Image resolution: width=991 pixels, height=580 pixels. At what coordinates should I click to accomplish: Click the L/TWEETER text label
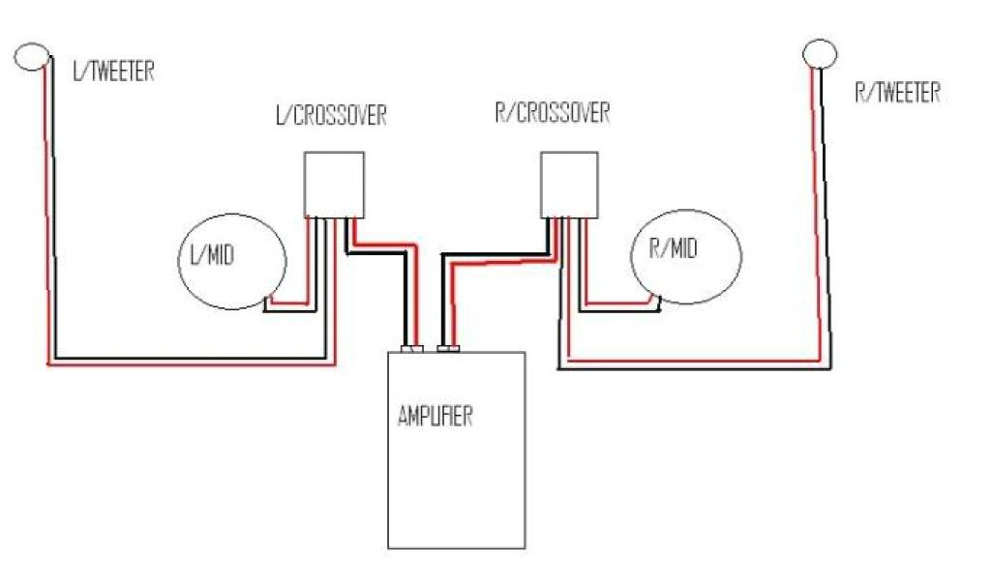(113, 72)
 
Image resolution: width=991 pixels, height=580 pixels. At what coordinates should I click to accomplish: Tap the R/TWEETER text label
(897, 93)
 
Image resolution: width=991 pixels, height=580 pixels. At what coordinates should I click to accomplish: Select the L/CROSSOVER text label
(331, 116)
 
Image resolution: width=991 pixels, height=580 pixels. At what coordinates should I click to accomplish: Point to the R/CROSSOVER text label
(552, 113)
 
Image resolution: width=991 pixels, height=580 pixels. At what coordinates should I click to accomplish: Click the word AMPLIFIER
(435, 417)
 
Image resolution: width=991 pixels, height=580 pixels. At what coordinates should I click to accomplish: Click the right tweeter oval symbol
(820, 53)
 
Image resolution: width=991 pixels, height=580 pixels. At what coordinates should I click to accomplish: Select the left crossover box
(334, 184)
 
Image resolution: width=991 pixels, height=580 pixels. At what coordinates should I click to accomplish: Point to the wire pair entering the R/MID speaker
(619, 306)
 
